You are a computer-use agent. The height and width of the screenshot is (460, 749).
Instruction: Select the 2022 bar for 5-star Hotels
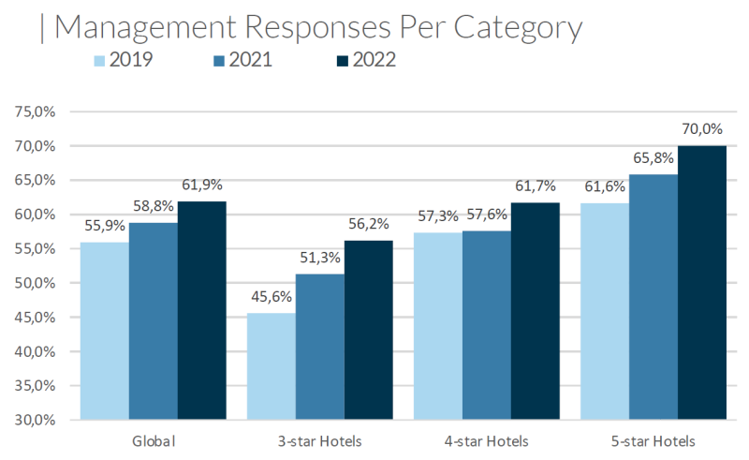(702, 282)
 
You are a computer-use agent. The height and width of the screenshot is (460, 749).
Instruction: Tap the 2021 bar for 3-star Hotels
(319, 346)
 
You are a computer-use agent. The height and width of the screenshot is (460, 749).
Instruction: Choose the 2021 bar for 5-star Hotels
(654, 296)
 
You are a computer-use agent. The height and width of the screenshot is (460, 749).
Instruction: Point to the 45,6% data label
(271, 298)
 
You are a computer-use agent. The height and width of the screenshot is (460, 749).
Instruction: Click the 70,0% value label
(702, 130)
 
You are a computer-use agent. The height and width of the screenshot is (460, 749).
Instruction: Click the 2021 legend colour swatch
(219, 60)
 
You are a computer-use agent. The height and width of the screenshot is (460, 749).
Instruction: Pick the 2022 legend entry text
(374, 60)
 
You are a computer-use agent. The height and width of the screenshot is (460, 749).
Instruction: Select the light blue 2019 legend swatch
(96, 60)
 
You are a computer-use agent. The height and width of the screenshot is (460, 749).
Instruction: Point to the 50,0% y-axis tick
(37, 283)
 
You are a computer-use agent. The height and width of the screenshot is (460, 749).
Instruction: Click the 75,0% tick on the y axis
(37, 111)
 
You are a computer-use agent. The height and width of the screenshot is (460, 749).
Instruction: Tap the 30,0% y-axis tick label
(37, 420)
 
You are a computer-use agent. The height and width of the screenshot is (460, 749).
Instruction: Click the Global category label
(153, 440)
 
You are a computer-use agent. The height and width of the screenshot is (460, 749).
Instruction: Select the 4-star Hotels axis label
(486, 440)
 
